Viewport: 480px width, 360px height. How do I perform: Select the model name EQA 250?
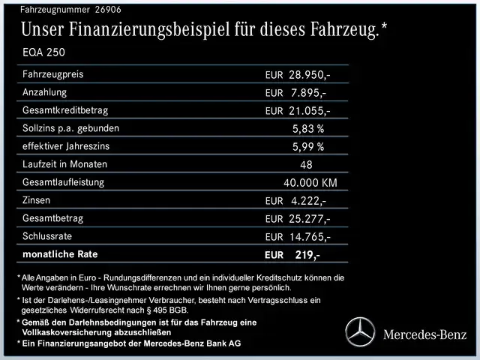click(x=44, y=54)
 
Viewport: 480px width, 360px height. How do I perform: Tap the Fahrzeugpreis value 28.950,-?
click(x=310, y=76)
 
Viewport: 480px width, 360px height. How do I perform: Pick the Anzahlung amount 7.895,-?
click(x=307, y=93)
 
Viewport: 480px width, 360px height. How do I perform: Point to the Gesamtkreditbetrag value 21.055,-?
click(x=310, y=111)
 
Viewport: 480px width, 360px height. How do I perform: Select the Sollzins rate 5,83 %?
click(x=308, y=129)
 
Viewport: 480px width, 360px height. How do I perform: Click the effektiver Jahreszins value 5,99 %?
click(x=308, y=147)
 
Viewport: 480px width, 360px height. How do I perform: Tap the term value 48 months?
click(x=306, y=165)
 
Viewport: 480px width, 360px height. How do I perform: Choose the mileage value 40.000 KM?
click(x=310, y=183)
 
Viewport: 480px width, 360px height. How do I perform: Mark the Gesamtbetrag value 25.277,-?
click(x=310, y=219)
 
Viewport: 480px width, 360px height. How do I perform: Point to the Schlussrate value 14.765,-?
click(x=310, y=237)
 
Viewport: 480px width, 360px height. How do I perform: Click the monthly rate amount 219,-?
click(x=307, y=255)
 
